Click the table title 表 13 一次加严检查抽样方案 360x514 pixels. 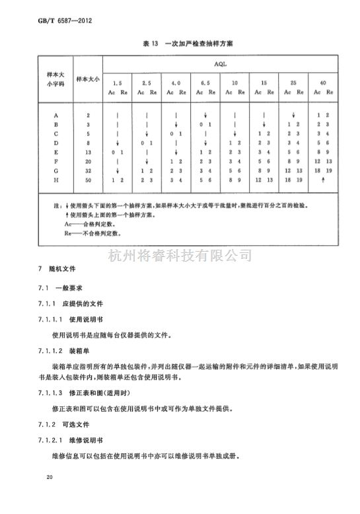(180, 44)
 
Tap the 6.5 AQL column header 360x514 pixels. (205, 83)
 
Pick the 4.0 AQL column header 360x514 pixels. (176, 83)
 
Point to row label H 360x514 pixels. (57, 180)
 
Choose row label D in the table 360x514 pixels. (57, 142)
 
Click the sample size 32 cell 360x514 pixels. (88, 170)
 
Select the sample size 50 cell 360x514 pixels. (88, 180)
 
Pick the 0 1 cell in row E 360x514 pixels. (118, 151)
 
